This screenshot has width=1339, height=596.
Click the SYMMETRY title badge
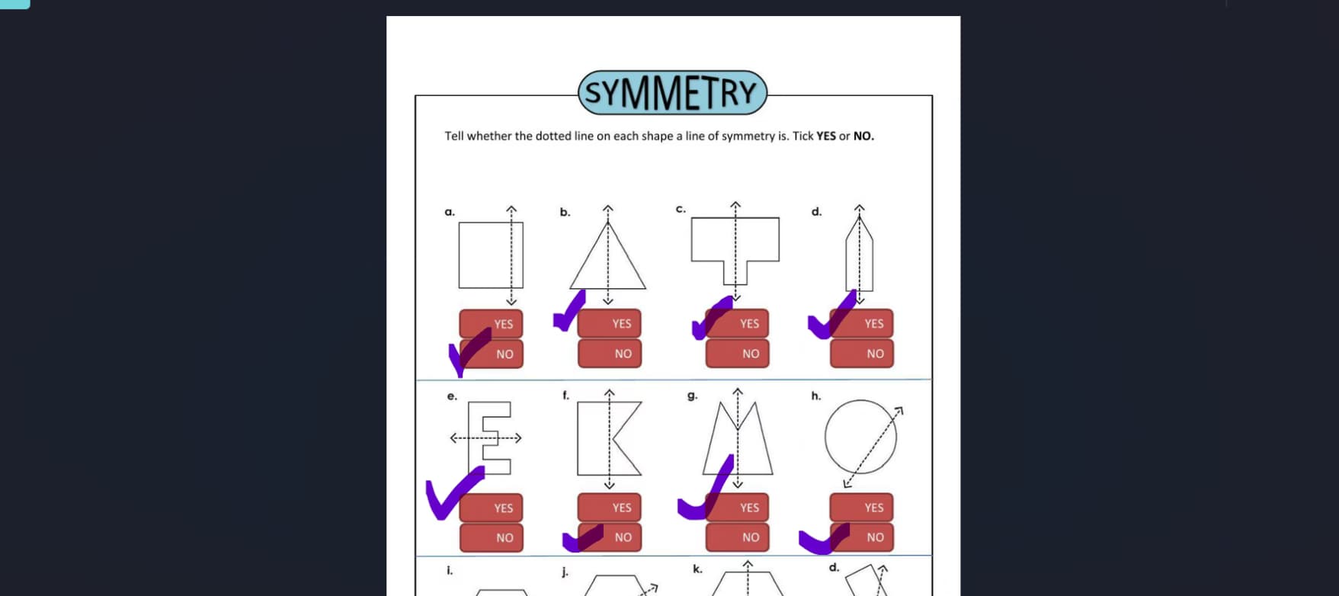point(672,93)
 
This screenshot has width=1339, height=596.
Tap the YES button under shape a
point(492,323)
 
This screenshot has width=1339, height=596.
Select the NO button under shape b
point(610,354)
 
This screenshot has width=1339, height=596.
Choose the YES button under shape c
point(738,323)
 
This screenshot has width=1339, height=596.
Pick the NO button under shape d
point(862,354)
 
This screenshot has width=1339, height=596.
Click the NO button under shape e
point(492,537)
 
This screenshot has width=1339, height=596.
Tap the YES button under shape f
point(610,507)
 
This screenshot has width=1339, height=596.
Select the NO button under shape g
point(738,537)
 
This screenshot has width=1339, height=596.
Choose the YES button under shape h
point(862,507)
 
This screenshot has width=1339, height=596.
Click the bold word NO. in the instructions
point(863,136)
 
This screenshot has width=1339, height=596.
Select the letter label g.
point(692,396)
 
